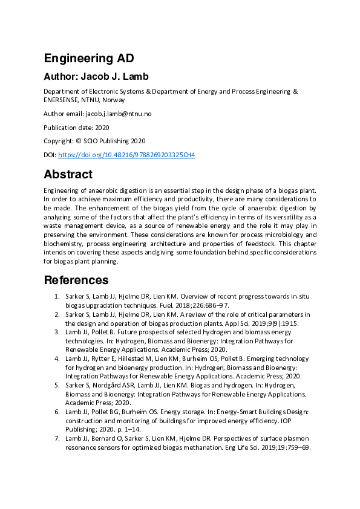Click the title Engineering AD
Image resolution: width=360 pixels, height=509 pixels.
click(x=88, y=59)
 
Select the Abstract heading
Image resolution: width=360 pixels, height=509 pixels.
click(x=68, y=175)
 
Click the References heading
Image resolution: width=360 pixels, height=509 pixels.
click(x=76, y=280)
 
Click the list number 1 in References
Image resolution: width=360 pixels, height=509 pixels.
click(x=57, y=297)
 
